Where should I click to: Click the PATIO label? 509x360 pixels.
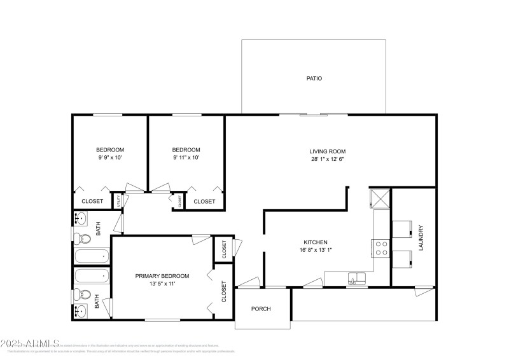314,79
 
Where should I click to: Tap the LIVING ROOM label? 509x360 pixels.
328,151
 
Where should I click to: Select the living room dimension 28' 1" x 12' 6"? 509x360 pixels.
328,159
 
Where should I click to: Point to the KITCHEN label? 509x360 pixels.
315,242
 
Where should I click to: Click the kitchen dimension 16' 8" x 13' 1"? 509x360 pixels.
315,250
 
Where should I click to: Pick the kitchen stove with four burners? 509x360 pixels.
382,247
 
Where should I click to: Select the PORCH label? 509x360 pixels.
261,309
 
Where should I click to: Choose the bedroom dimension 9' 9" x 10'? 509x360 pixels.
110,157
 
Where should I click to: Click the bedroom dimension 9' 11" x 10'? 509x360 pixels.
186,157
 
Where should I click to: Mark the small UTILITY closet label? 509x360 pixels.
118,201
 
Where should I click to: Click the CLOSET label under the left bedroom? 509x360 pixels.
93,202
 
